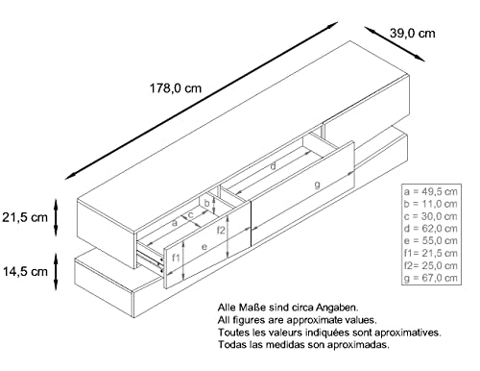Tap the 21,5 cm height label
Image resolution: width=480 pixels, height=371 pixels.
pyautogui.click(x=24, y=216)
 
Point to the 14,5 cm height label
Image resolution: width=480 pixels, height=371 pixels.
pyautogui.click(x=24, y=272)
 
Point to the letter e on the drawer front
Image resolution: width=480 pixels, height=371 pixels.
pyautogui.click(x=204, y=246)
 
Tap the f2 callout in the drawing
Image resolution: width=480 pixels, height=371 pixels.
pyautogui.click(x=221, y=231)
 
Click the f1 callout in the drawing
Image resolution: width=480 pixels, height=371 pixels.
pyautogui.click(x=176, y=258)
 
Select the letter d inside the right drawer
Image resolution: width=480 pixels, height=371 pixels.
pyautogui.click(x=274, y=165)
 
